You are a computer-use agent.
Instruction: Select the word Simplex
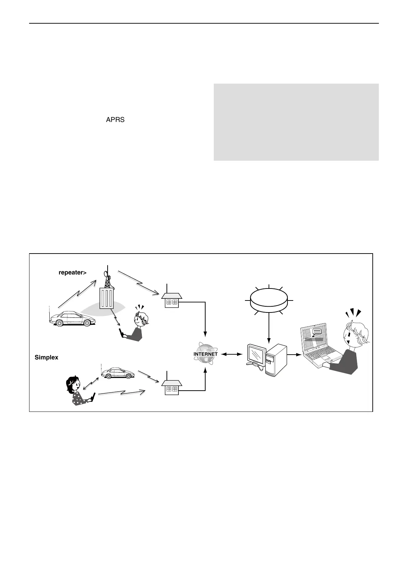(x=47, y=357)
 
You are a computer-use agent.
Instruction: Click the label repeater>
(x=72, y=273)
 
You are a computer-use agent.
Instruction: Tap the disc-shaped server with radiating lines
(x=269, y=300)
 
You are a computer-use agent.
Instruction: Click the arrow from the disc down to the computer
(x=269, y=329)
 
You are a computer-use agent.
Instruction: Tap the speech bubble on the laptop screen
(x=317, y=331)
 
